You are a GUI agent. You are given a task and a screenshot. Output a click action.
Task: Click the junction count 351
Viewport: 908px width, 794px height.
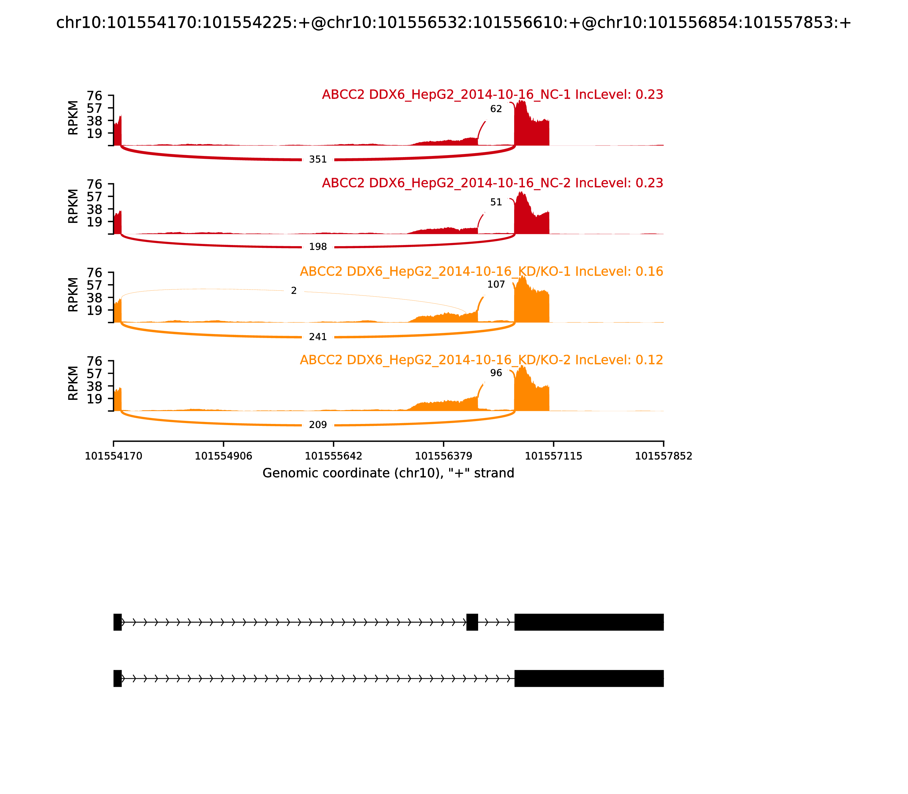click(318, 159)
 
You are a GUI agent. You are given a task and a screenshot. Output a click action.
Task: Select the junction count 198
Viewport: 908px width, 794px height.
click(318, 247)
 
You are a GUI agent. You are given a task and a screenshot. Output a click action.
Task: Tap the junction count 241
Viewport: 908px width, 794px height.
click(318, 337)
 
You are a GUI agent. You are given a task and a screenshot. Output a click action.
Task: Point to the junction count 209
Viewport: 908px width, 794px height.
click(318, 425)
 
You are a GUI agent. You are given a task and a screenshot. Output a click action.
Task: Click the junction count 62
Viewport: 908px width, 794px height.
click(496, 109)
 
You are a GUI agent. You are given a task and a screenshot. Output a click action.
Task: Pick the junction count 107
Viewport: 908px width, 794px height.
click(496, 284)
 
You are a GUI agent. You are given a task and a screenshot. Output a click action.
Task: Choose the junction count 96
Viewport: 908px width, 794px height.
click(496, 373)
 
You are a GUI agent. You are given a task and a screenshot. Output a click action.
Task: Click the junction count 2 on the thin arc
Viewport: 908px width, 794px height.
click(293, 291)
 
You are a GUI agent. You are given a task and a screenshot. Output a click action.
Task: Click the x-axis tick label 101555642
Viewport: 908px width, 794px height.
click(333, 456)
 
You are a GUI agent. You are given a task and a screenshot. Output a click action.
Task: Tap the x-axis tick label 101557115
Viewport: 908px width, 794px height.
click(553, 456)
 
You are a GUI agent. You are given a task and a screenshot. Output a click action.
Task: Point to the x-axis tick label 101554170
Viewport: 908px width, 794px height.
click(113, 456)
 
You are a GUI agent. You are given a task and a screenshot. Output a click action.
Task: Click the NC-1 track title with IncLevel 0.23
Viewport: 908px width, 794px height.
click(492, 95)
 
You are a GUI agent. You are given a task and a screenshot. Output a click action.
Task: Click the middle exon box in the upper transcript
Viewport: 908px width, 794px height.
click(472, 622)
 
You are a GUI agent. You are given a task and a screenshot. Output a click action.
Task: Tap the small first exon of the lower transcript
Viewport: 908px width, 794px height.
click(117, 678)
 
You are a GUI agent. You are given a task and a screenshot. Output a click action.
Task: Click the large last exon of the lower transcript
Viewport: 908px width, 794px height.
click(589, 678)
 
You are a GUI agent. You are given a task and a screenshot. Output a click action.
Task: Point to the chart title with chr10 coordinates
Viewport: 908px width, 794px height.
click(453, 23)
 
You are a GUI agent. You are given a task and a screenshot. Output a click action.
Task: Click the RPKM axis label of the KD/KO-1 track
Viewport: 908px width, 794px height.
click(73, 295)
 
